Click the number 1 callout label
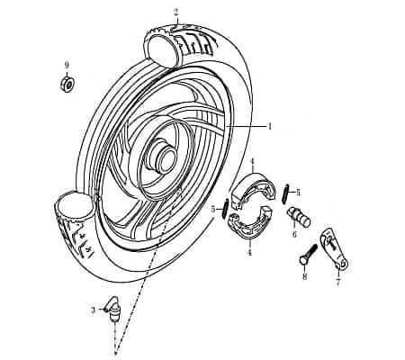pos(270,126)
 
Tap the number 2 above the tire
pos(176,12)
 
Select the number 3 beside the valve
pos(94,310)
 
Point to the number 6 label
pos(294,234)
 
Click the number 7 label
pos(338,282)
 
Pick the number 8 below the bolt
pos(305,276)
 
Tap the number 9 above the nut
pos(67,65)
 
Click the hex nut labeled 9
pos(67,84)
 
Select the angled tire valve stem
pos(112,310)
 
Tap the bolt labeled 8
pos(309,255)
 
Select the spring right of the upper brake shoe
pos(285,194)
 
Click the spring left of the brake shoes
pos(226,209)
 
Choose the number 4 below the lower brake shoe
pos(249,253)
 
